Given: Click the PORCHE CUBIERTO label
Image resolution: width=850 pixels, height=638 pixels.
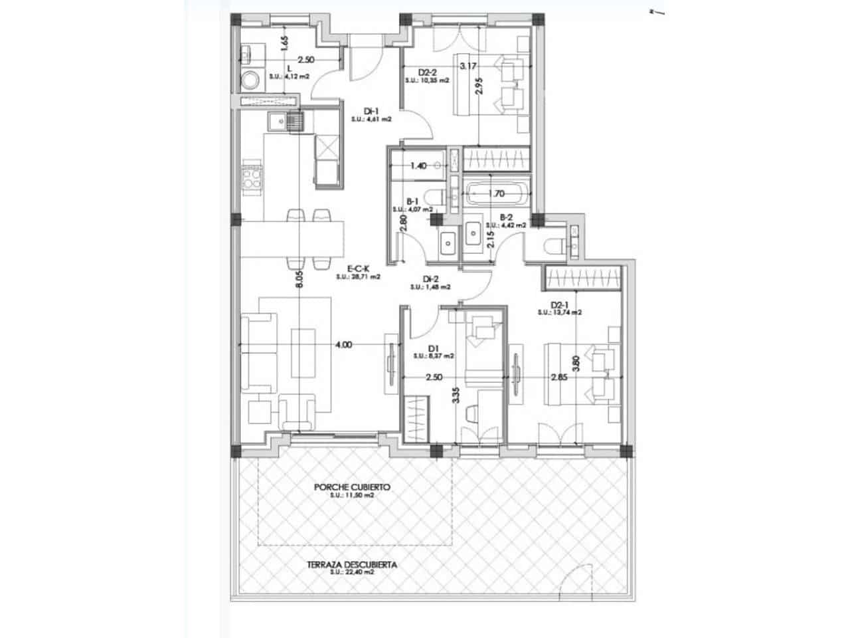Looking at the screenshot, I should click(x=352, y=487).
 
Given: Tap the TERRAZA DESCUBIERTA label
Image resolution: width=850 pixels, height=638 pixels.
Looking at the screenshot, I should click(x=352, y=564).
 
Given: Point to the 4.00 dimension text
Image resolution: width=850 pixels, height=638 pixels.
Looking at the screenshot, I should click(x=343, y=345).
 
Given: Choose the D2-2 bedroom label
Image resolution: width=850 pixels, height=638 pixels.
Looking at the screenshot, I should click(x=427, y=72).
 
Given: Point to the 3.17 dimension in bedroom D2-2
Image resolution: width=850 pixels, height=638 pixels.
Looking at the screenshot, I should click(x=468, y=66).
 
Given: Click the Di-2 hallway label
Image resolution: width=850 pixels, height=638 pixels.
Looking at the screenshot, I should click(x=430, y=279).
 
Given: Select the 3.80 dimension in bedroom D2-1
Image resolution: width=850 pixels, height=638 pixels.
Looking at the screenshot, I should click(x=576, y=364).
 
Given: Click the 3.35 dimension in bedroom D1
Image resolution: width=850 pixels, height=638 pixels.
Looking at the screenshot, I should click(x=455, y=397).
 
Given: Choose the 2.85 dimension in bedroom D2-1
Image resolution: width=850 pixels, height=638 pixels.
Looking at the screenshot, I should click(x=559, y=377).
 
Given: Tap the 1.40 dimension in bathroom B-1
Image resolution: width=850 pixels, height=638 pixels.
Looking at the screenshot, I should click(x=418, y=165).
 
